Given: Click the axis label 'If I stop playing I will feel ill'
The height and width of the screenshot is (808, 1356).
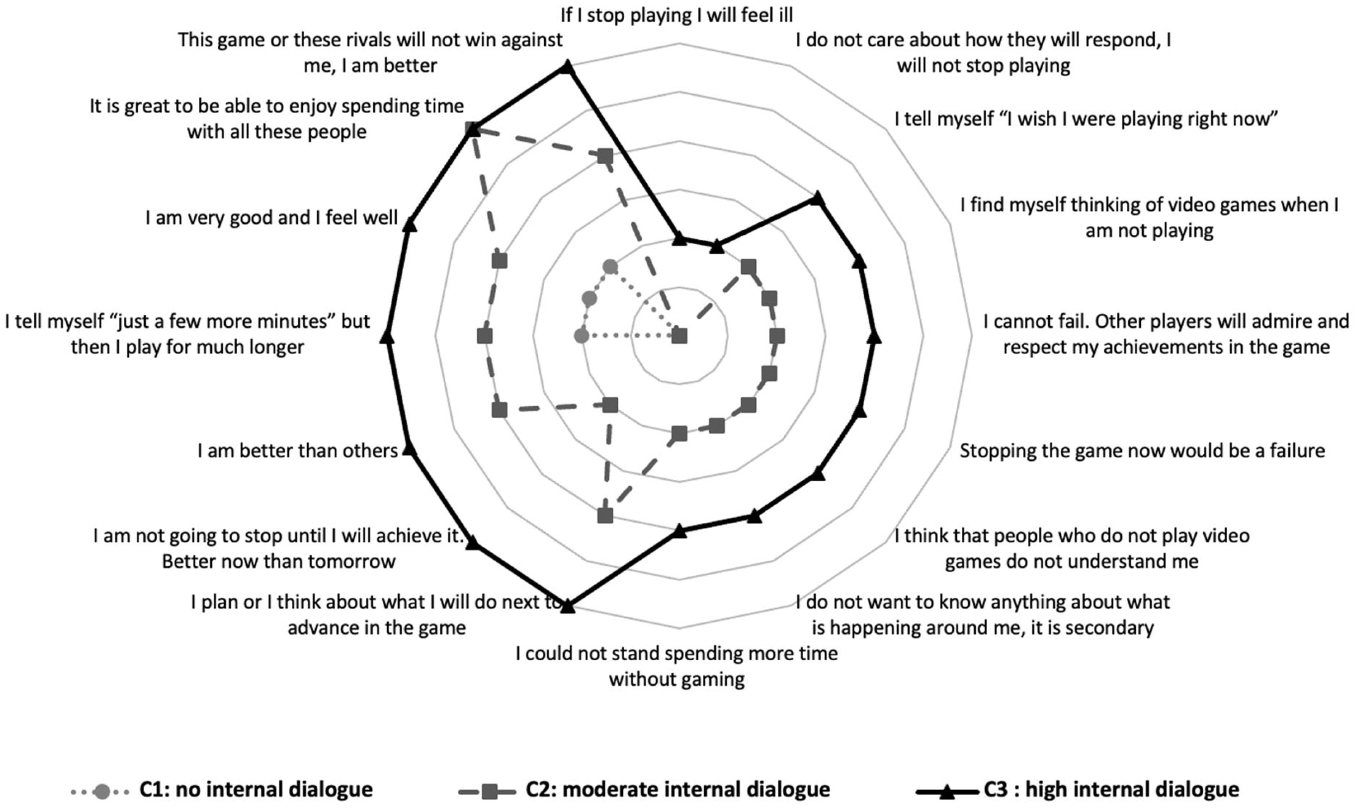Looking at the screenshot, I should (x=676, y=15).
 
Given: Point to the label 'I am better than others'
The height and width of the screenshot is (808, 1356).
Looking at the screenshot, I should (x=297, y=451).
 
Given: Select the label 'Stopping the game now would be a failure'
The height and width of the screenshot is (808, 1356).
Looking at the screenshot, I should (x=1141, y=451).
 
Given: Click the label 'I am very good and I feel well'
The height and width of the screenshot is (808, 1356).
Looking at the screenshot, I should (x=271, y=218).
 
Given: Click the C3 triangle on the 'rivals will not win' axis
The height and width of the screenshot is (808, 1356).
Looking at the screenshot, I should (x=567, y=67).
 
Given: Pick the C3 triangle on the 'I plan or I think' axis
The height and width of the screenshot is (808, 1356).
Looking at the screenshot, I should (x=567, y=605).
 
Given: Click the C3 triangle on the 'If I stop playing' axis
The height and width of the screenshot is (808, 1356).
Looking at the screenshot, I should (x=679, y=239).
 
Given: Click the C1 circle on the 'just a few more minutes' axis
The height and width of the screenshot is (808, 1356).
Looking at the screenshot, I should (x=581, y=336).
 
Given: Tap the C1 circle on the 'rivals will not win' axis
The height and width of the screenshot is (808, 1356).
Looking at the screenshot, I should (x=610, y=267).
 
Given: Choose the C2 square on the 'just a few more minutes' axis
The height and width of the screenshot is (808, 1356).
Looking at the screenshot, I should (x=484, y=336).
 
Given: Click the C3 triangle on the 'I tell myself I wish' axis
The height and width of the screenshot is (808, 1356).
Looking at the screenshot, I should (x=816, y=198).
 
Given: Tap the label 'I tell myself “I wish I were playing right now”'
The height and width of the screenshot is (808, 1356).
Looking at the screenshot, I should (x=1086, y=119).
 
